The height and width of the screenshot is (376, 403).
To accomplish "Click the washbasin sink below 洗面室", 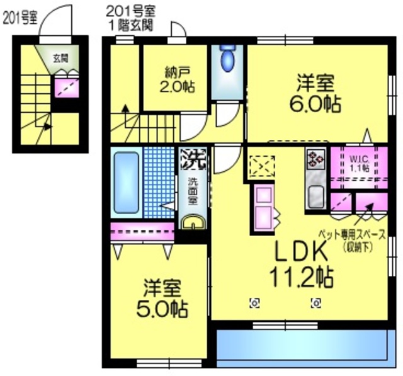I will pyautogui.click(x=191, y=222).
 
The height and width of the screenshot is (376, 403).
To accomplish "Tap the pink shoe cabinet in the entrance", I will pyautogui.click(x=63, y=85).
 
